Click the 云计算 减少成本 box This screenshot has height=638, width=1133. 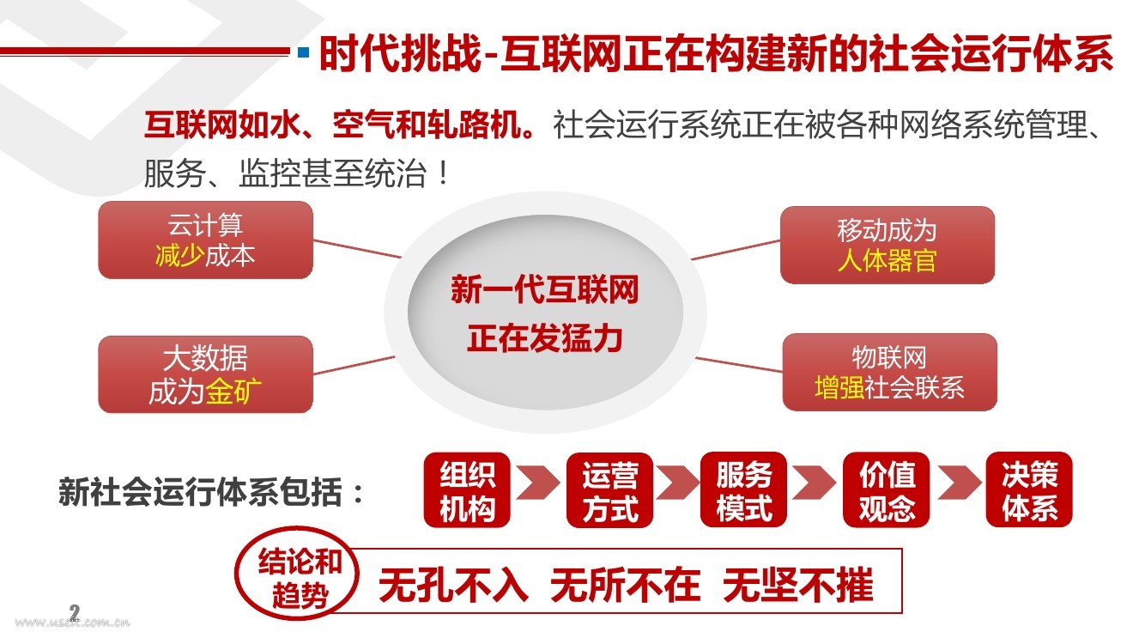[205, 240]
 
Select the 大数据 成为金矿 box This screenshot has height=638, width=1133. [205, 374]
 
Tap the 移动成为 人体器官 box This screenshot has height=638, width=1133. [887, 245]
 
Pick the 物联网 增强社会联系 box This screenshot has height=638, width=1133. [889, 372]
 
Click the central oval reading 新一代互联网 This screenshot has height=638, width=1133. [544, 314]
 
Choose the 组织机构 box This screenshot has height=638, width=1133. [467, 489]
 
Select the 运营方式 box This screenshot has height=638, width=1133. [609, 489]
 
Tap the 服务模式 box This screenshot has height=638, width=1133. [743, 489]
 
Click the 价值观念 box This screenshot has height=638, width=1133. [887, 489]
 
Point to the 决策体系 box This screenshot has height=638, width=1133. [1029, 489]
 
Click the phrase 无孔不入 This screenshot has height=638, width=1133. [452, 586]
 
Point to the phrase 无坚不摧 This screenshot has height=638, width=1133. [797, 586]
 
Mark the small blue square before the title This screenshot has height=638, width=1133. [303, 53]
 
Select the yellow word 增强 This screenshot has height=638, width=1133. [839, 387]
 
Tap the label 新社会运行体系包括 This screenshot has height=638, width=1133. [211, 493]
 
